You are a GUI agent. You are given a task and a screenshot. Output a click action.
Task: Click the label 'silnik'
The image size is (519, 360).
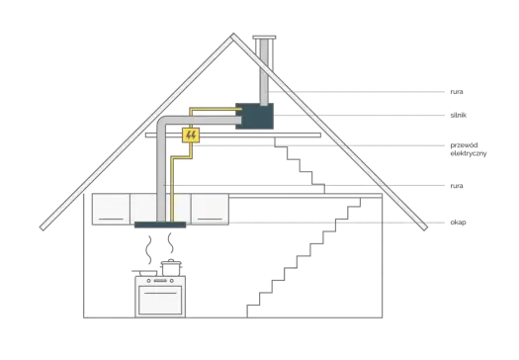coord(458,116)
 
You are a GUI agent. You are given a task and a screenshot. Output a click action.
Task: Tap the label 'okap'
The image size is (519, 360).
coord(458,223)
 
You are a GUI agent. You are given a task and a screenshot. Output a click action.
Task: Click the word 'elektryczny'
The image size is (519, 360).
coord(469,153)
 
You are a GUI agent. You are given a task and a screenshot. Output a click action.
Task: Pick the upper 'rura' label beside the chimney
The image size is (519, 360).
coord(457,92)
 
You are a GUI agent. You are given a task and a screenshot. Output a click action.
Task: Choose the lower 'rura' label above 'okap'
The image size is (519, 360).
coord(457,186)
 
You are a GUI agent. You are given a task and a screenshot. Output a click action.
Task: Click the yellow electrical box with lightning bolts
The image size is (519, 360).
coord(191,135)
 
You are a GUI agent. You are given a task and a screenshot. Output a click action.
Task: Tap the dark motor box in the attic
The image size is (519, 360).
coord(254,116)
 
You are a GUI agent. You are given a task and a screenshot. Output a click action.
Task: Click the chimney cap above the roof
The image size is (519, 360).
coord(264,38)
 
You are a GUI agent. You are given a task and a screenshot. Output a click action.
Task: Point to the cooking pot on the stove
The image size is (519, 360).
coord(171,267)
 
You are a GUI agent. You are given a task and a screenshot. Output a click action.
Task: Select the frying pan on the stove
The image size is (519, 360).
coord(145,273)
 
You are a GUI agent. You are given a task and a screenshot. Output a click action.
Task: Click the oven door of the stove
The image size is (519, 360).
coord(160,300)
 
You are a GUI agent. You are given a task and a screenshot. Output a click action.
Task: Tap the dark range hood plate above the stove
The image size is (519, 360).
coord(160,225)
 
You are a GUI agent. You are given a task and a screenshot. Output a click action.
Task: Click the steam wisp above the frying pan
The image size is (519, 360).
coord(149,249)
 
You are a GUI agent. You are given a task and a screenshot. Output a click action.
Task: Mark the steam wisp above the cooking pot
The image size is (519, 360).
coord(170,242)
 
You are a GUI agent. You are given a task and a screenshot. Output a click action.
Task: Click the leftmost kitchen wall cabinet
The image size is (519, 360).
coord(111,210)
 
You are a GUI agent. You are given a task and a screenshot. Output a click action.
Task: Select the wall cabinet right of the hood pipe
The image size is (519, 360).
coord(210,210)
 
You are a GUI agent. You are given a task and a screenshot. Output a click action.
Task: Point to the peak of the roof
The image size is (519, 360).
coord(233,34)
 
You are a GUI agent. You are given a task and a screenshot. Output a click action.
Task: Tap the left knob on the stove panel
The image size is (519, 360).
coord(148,281)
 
